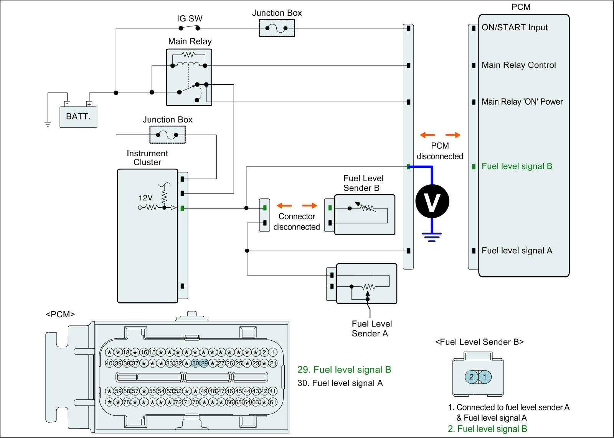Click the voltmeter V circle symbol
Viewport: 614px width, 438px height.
(432, 202)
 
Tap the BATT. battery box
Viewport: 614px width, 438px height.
(78, 116)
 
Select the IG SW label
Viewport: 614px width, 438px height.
(190, 18)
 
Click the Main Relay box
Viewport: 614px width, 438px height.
(189, 77)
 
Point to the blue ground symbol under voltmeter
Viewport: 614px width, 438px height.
(432, 235)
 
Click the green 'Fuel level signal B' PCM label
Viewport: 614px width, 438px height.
(517, 166)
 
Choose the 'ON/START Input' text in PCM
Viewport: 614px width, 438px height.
(515, 28)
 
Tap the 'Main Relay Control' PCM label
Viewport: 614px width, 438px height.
(518, 65)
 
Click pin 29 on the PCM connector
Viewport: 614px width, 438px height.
(204, 363)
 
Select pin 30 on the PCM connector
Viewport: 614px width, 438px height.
(195, 363)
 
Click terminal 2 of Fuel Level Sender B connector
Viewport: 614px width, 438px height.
(471, 377)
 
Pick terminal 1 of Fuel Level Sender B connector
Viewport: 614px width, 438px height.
(485, 377)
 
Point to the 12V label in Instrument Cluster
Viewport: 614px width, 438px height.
(145, 198)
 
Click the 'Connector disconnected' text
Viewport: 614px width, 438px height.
(297, 222)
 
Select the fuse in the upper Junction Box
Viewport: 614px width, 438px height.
(277, 28)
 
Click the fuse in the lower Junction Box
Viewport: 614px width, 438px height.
(167, 135)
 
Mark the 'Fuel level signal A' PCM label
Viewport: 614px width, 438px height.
(517, 251)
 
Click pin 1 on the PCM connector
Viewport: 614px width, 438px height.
(273, 352)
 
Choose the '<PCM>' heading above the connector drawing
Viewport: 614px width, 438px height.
(60, 315)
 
